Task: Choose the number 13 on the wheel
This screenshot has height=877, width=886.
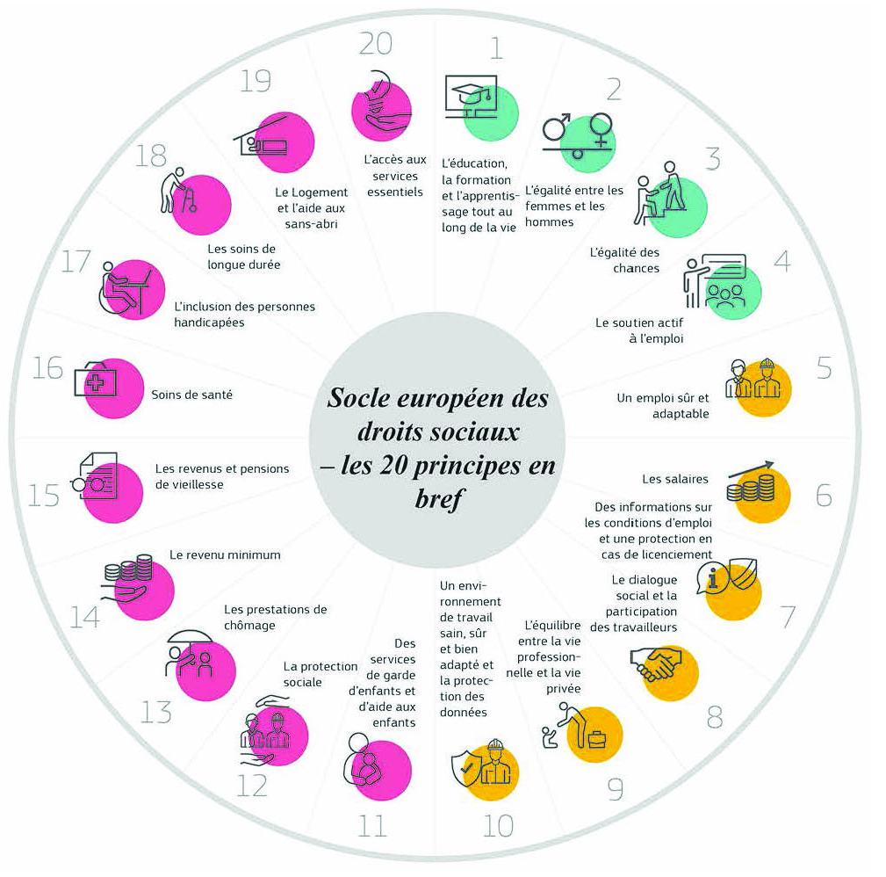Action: pyautogui.click(x=155, y=711)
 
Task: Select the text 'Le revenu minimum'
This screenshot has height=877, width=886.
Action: pyautogui.click(x=225, y=554)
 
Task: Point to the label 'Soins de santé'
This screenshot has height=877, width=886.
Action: pyautogui.click(x=191, y=395)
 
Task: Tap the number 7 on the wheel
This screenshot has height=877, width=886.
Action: pyautogui.click(x=788, y=616)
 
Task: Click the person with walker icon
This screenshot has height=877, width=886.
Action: pyautogui.click(x=180, y=192)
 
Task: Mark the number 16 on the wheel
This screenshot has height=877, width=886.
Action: pyautogui.click(x=47, y=367)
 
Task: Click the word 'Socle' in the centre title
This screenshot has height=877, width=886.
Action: pyautogui.click(x=359, y=398)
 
